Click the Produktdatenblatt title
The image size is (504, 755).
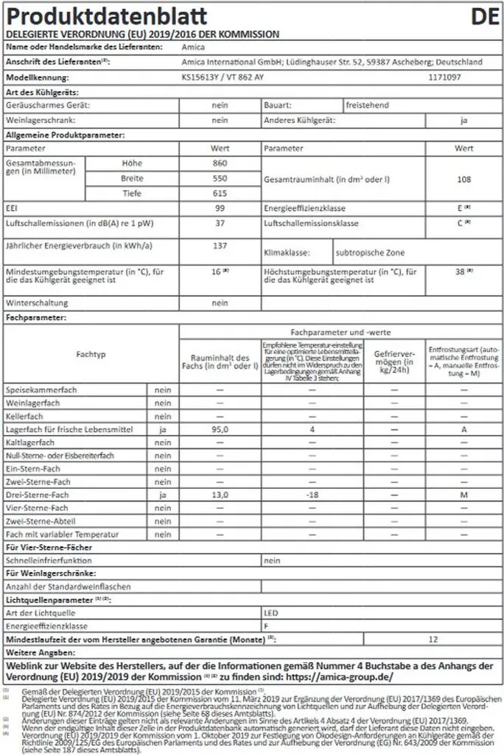[x=107, y=16]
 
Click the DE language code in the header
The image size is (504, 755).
[x=483, y=16]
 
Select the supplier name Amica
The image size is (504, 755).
[x=193, y=47]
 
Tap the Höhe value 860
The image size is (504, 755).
[x=219, y=163]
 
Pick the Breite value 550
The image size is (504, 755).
[x=219, y=178]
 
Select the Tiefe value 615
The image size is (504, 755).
[x=219, y=193]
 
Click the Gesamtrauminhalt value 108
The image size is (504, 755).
[x=463, y=179]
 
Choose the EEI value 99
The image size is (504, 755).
[x=219, y=209]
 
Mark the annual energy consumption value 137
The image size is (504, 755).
[x=219, y=245]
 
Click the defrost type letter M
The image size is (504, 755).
[x=463, y=495]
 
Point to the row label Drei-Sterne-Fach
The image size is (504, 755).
[x=37, y=495]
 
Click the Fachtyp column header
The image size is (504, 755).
[x=91, y=355]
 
